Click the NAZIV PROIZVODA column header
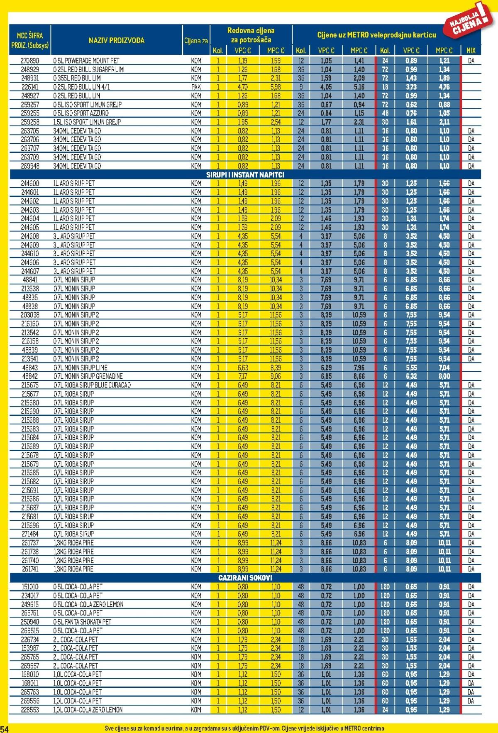point(116,40)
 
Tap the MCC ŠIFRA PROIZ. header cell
point(30,40)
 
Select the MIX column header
point(471,50)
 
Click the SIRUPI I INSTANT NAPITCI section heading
point(245,175)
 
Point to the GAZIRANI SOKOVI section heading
point(245,578)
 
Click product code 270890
point(30,61)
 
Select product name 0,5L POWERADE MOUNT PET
point(86,61)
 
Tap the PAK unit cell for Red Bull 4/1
point(196,87)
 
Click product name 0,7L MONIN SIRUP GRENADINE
point(88,376)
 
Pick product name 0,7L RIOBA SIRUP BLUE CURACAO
point(92,385)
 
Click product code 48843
point(30,368)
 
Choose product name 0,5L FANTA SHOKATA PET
point(82,622)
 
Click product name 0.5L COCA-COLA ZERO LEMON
point(88,604)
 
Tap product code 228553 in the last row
point(30,710)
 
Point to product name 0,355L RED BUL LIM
point(77,78)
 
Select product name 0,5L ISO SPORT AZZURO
point(81,113)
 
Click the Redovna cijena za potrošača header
point(251,35)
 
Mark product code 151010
point(30,587)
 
